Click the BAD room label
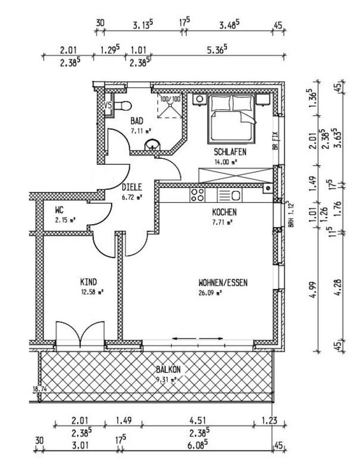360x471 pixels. point(137,121)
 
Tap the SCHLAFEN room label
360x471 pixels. point(230,152)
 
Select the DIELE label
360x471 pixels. point(132,187)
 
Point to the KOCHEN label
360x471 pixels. point(225,212)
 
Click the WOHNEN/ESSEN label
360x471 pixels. point(223,283)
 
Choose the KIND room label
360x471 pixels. point(89,282)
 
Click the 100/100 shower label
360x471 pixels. point(170,99)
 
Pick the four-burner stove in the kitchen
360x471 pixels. point(197,195)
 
